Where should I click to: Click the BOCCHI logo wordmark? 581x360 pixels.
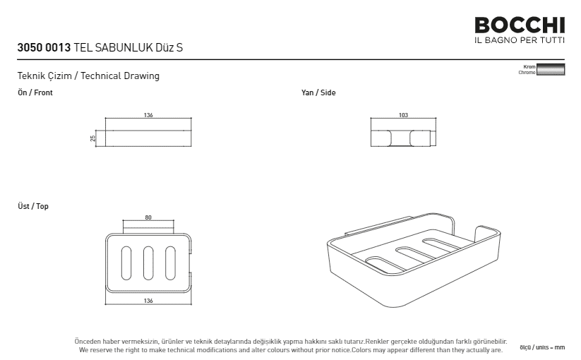coord(520,25)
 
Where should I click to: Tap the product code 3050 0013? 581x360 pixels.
coord(44,48)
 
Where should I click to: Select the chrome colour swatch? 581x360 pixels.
coord(551,69)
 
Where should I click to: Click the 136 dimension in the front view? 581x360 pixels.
coord(148,115)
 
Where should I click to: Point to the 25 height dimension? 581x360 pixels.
coord(92,138)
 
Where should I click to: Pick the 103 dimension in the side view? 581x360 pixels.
coord(403,115)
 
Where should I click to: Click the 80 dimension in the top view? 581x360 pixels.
coord(148,217)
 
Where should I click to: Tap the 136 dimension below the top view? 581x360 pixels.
coord(148,301)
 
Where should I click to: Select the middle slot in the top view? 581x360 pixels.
coord(148,263)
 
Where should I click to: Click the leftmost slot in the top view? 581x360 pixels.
coord(126,263)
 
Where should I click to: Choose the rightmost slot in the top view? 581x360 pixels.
coord(170,263)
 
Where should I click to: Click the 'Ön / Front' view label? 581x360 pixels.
coord(35,92)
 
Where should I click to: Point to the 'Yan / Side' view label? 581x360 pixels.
coord(318,92)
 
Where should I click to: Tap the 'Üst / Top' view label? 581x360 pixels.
coord(33,206)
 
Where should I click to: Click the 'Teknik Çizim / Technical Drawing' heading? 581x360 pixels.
coord(88,76)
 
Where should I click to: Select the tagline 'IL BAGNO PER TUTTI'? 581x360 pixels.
coord(520,40)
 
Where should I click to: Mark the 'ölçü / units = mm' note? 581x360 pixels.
coord(542,347)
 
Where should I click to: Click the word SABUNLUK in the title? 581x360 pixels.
coord(124,48)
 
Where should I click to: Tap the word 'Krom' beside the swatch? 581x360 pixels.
coord(529,66)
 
